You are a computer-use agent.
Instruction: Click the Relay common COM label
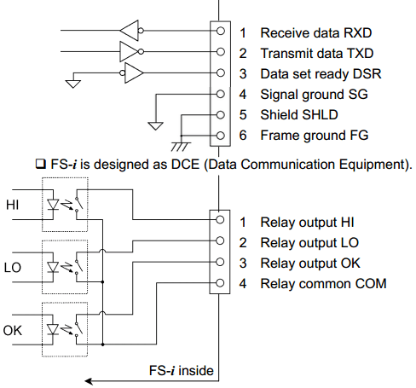click(x=323, y=283)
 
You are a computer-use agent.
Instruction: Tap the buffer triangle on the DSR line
click(x=134, y=74)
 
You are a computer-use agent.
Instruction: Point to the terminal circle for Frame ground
click(x=222, y=136)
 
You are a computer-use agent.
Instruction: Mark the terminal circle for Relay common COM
click(x=222, y=283)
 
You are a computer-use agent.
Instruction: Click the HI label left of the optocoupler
click(x=13, y=206)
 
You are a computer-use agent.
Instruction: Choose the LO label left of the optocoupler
click(x=13, y=268)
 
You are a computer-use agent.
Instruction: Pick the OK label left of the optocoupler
click(x=13, y=328)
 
